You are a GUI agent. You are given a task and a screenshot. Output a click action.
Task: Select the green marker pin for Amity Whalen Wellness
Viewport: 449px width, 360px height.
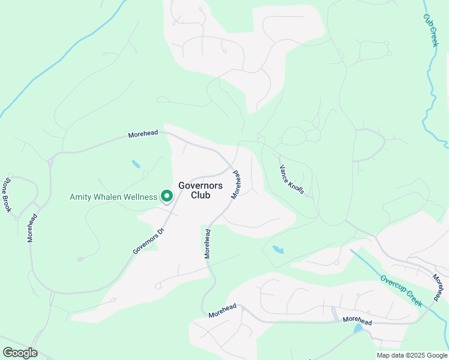(x=167, y=196)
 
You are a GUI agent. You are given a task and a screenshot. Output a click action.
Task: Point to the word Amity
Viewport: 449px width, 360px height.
(x=82, y=197)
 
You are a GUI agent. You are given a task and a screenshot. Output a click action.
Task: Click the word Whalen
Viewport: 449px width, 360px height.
(x=112, y=197)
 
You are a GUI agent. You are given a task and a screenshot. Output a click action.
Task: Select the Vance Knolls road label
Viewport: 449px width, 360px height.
(x=293, y=179)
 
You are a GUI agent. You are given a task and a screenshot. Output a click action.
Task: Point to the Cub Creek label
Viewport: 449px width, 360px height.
(x=431, y=31)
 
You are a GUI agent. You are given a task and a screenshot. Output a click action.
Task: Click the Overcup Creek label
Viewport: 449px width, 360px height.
(x=401, y=290)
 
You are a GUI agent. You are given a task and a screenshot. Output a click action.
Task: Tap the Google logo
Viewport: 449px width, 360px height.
(x=20, y=353)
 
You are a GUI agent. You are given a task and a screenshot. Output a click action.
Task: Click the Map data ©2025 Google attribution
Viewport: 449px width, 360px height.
(x=411, y=355)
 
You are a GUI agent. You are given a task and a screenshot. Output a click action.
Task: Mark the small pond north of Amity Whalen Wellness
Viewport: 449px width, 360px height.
(x=136, y=164)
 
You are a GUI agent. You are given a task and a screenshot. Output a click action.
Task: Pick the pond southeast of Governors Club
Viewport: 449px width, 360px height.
(x=278, y=249)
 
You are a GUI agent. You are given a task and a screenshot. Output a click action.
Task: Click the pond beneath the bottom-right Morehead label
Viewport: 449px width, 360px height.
(x=358, y=329)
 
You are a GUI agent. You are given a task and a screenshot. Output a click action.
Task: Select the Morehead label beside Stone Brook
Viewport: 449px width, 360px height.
(x=31, y=226)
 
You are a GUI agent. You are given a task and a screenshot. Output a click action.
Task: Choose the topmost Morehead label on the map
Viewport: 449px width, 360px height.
(x=143, y=134)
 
